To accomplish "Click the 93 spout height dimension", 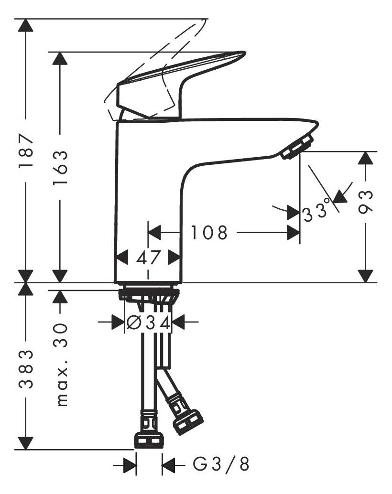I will point(366,203).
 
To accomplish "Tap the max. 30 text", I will point(60,365).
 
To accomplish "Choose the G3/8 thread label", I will point(221,464).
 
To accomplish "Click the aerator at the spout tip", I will point(297,146).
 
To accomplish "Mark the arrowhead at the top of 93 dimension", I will point(366,158).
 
